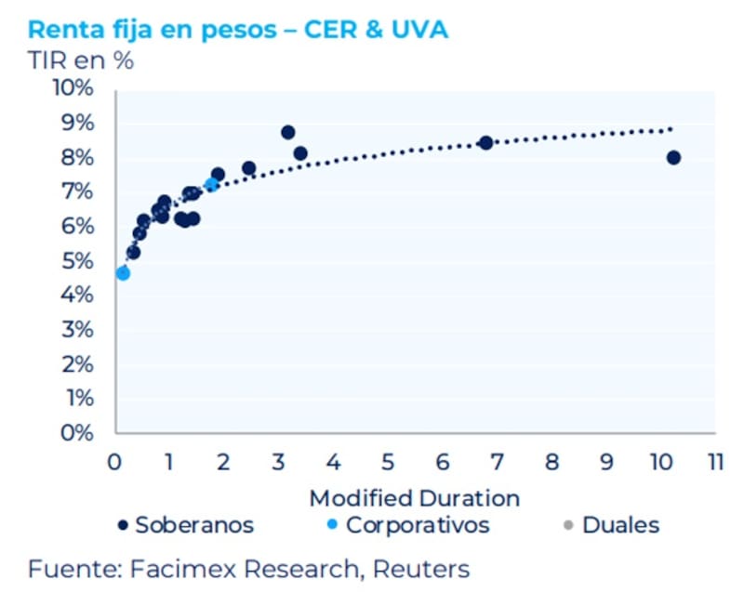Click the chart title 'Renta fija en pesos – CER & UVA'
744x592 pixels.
coord(238,29)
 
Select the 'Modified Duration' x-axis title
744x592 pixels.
coord(414,496)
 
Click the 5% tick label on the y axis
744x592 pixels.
coord(75,261)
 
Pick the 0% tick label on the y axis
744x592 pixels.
coord(75,433)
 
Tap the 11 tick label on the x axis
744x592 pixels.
coord(714,462)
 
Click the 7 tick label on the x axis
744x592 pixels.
coord(497,462)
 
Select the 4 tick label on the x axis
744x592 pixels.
coord(332,462)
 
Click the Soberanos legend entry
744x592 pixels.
coord(186,525)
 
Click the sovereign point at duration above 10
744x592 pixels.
coord(673,158)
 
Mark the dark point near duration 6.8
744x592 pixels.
coord(485,143)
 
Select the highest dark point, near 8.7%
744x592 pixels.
coord(288,132)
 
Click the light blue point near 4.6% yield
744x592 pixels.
coord(123,273)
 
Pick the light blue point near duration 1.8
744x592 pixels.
coord(211,185)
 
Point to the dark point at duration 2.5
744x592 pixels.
coord(249,168)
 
